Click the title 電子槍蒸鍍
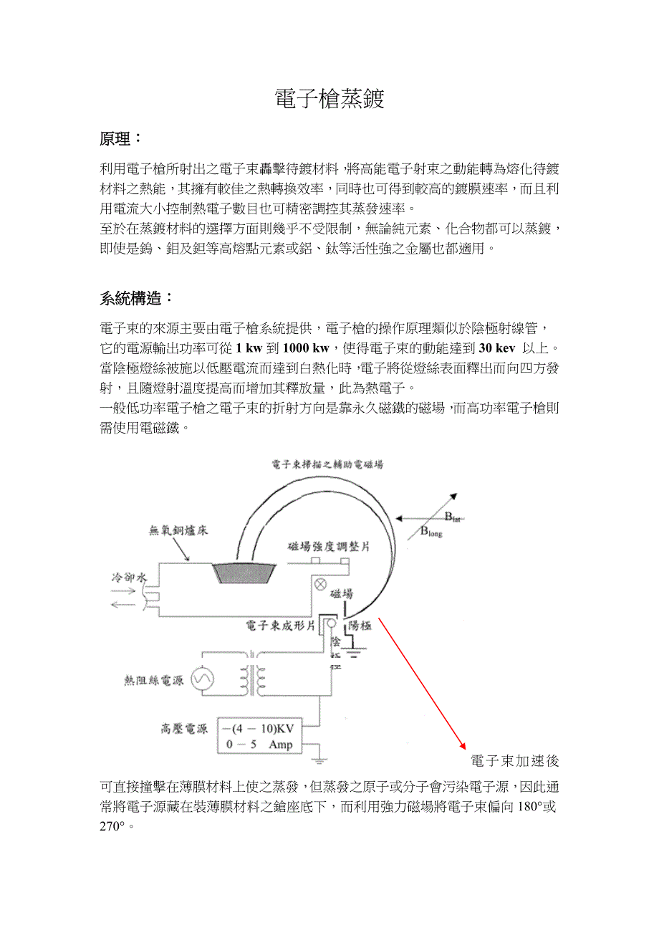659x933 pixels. (x=329, y=99)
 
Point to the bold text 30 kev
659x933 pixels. (x=496, y=348)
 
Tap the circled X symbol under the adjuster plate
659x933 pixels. (x=321, y=585)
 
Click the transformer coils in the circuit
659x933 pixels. (x=250, y=676)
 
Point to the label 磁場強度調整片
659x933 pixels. (x=328, y=547)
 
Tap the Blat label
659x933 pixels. (x=451, y=517)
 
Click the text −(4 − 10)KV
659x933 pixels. (x=257, y=729)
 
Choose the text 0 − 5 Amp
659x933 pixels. (x=254, y=745)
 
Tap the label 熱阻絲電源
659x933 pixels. (x=154, y=679)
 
